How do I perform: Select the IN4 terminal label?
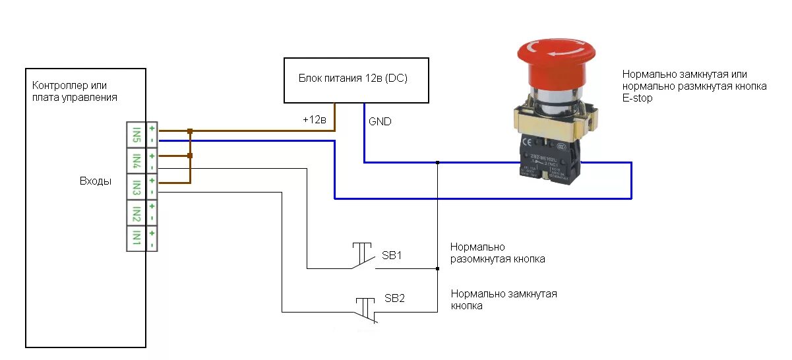(x=136, y=160)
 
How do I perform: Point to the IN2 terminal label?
(x=136, y=212)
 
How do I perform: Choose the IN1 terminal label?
(x=136, y=237)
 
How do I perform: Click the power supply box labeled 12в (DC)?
(x=357, y=80)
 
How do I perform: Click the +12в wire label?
(x=315, y=120)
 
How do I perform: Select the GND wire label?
(x=380, y=121)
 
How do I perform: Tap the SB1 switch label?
(x=392, y=256)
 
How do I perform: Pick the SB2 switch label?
(x=394, y=299)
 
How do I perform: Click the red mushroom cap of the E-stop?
(x=556, y=61)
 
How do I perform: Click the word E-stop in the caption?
(x=637, y=98)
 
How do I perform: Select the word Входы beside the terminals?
(x=96, y=181)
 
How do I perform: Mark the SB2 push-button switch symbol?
(x=366, y=309)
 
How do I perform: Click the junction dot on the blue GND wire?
(x=437, y=162)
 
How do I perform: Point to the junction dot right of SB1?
(x=437, y=268)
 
